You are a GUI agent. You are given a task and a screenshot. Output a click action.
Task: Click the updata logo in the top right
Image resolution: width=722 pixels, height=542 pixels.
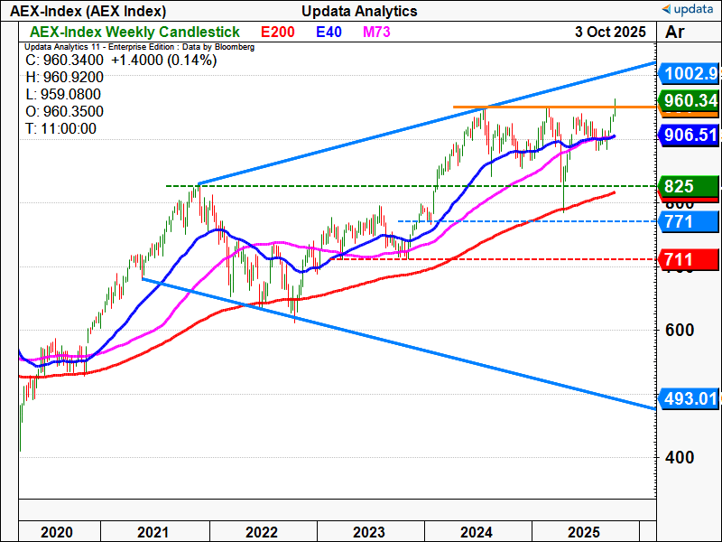tap(689, 10)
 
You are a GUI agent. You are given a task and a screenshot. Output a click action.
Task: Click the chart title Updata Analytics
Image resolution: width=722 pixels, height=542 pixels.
tap(360, 11)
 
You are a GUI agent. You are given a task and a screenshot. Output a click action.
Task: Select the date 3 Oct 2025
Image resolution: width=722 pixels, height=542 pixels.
tap(611, 32)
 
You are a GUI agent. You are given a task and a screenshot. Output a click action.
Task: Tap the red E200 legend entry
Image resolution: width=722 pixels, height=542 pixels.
tap(277, 33)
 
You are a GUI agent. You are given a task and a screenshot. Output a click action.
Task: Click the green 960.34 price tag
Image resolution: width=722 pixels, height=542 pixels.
tap(689, 101)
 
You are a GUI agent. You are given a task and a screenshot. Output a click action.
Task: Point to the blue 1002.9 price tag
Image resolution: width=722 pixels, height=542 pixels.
tap(688, 73)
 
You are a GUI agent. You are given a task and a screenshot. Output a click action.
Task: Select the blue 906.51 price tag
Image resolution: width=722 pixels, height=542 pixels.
tap(689, 134)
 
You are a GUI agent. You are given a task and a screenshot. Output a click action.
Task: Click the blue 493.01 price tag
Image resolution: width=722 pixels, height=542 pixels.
tap(689, 398)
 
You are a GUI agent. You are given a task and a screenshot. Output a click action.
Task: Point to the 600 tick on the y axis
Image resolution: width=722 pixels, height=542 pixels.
tap(680, 330)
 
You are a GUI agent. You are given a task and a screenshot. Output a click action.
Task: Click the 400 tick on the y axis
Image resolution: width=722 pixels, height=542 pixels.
tap(680, 457)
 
